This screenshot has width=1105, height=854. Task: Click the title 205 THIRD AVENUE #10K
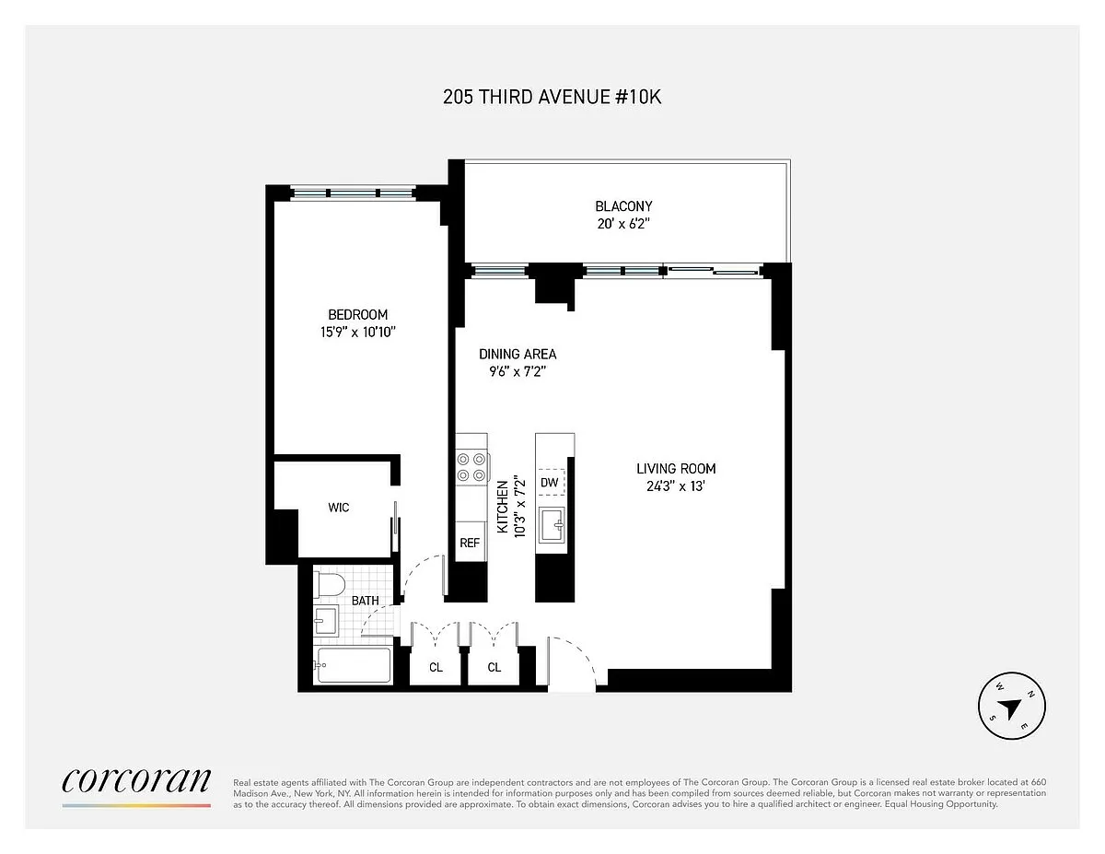552,97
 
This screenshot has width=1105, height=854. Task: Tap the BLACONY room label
623,206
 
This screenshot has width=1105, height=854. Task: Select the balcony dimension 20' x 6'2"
623,224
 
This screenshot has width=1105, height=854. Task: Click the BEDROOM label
357,314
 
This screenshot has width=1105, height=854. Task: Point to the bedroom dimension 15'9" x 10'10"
357,333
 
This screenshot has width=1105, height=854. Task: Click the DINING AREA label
518,354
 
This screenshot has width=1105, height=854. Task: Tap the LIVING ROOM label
676,468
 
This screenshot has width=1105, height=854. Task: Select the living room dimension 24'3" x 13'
676,486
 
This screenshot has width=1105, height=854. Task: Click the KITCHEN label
503,507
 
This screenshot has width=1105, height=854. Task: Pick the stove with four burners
471,467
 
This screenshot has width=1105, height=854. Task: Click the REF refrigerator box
471,543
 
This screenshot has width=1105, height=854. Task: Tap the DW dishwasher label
549,482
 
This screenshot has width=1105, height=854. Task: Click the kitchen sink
552,525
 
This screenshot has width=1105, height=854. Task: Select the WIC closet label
339,507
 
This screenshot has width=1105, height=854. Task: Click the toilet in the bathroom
329,585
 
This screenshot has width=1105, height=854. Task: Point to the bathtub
354,664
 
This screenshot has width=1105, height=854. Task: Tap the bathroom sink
326,620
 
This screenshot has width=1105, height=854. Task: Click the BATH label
366,601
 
